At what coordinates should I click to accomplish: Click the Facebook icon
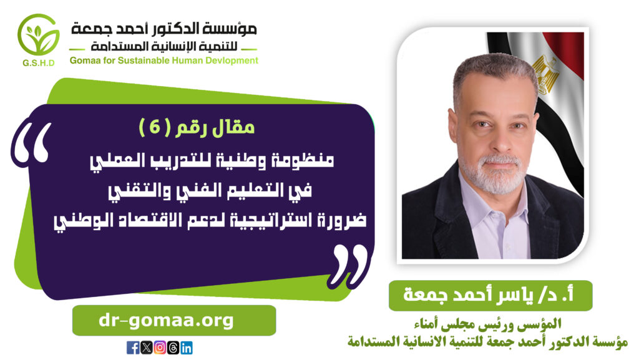click(x=133, y=348)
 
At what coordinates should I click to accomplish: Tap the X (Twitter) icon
click(x=146, y=348)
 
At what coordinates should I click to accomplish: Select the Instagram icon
click(x=160, y=348)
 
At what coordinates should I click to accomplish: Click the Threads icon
click(x=173, y=348)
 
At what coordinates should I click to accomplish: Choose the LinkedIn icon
click(x=186, y=348)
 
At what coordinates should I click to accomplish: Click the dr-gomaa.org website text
click(x=166, y=321)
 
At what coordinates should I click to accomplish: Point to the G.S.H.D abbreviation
click(x=39, y=63)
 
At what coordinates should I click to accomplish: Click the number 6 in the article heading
click(x=155, y=127)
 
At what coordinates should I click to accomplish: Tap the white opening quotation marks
click(x=32, y=144)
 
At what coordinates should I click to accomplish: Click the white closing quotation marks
click(x=349, y=265)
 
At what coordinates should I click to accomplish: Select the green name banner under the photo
click(x=490, y=295)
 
